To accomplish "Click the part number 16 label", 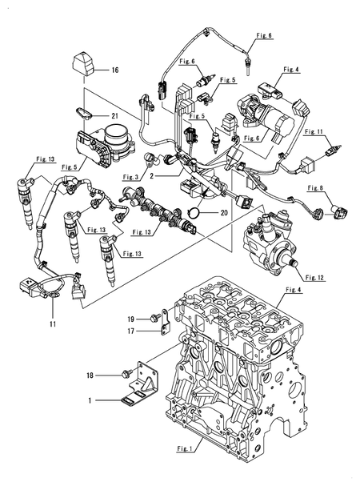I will pyautogui.click(x=114, y=71).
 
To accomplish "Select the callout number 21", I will pyautogui.click(x=115, y=116).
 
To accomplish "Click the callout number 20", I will pyautogui.click(x=223, y=213).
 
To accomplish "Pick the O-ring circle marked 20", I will pyautogui.click(x=192, y=213).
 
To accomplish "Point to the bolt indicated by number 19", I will pyautogui.click(x=150, y=318).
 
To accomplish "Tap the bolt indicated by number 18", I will pyautogui.click(x=127, y=373).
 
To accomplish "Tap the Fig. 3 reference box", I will pyautogui.click(x=131, y=176).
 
